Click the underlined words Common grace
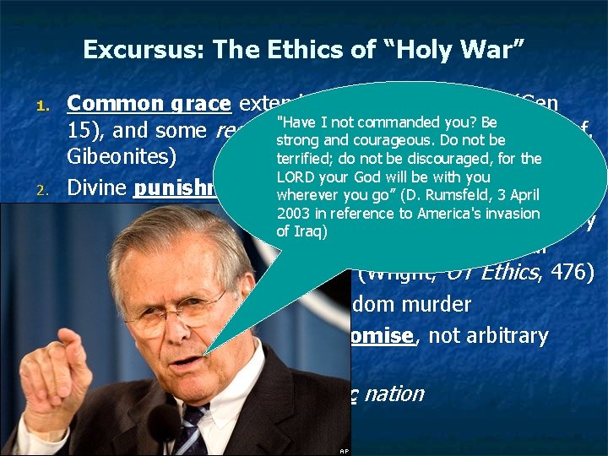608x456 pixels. [x=149, y=105]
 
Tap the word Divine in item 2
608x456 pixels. [x=97, y=187]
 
